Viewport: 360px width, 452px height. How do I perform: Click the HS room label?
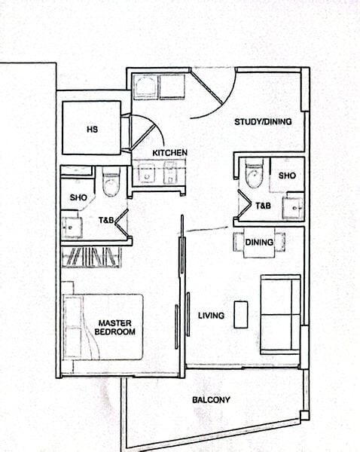click(x=92, y=129)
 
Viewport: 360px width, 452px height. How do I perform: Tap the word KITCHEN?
click(x=169, y=153)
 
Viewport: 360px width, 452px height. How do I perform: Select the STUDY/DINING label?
click(x=263, y=121)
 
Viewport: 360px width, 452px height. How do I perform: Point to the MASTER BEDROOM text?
click(x=117, y=327)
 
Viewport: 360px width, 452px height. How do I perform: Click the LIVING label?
click(x=211, y=315)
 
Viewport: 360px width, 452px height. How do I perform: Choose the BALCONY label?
click(x=211, y=400)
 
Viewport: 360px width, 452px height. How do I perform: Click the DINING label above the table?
click(x=259, y=243)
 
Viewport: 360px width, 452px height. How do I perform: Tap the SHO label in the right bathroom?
click(x=287, y=175)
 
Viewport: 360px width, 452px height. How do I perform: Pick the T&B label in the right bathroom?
click(x=263, y=206)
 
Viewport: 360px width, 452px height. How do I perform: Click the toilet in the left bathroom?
click(x=111, y=182)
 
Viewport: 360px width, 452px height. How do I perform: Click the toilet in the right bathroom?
click(x=253, y=174)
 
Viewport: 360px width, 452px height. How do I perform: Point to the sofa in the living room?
click(x=281, y=313)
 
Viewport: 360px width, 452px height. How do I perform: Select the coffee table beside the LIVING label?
click(x=240, y=314)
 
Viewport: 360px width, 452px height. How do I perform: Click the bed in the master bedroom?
click(x=103, y=326)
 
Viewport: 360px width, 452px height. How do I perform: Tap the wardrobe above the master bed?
click(x=91, y=258)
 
